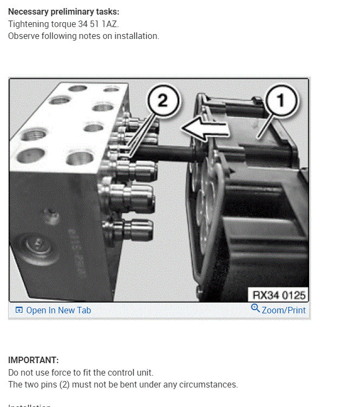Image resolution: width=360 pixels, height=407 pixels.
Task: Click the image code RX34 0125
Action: click(x=279, y=295)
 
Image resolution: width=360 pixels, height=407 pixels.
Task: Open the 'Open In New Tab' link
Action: click(x=58, y=310)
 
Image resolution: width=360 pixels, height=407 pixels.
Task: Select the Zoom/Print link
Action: click(x=284, y=310)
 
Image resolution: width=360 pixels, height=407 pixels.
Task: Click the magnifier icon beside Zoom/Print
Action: click(x=256, y=308)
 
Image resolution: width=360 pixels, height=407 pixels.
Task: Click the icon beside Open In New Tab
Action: click(x=19, y=310)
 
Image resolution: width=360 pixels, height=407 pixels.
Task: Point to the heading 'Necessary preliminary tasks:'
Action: click(x=64, y=11)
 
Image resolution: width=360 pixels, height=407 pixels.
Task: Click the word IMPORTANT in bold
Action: click(x=33, y=360)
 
